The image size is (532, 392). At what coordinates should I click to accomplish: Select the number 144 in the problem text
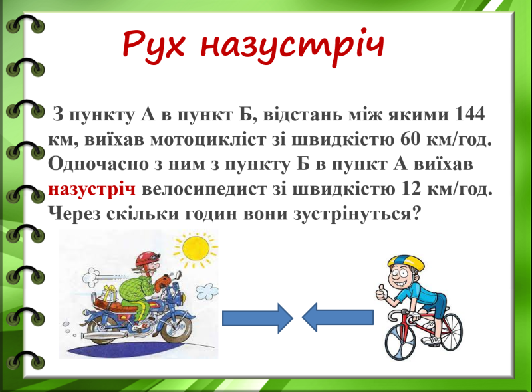[466, 114]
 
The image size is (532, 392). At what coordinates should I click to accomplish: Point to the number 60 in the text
[410, 139]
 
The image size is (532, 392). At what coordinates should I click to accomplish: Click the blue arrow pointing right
[257, 318]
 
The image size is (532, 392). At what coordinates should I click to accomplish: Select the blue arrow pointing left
[338, 318]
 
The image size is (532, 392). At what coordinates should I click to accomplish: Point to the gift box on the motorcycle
[108, 293]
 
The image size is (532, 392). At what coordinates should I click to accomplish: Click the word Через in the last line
[74, 215]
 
